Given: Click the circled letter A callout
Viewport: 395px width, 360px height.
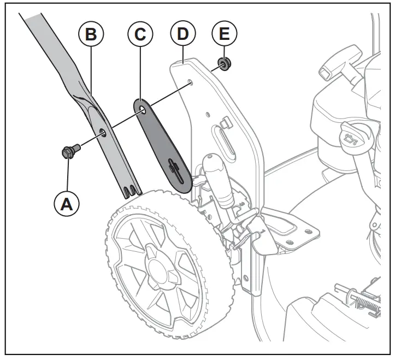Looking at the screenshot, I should [x=67, y=204].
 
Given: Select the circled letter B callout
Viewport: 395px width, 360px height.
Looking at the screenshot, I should [x=91, y=34].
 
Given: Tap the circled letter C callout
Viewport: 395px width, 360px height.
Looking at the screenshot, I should [x=140, y=34].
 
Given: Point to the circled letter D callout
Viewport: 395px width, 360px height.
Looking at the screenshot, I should [x=182, y=34].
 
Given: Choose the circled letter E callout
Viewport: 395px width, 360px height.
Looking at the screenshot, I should [x=225, y=34].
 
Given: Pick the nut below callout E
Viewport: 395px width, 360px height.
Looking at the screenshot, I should [x=223, y=63].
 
